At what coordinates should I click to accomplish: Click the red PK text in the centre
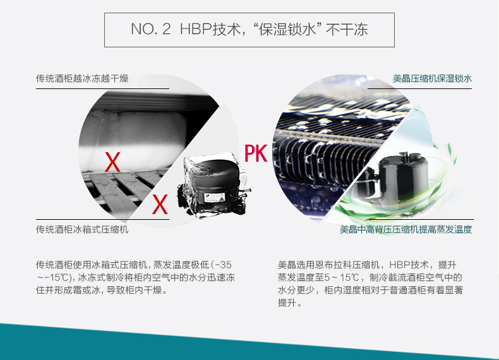[256, 153]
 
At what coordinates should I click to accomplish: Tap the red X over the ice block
[112, 162]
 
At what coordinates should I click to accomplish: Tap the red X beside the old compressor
[160, 204]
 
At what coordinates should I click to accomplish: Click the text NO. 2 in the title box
[151, 29]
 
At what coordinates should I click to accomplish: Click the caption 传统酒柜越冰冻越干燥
[82, 78]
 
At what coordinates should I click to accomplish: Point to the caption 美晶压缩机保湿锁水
[432, 78]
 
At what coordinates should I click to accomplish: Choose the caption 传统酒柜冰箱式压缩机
[82, 229]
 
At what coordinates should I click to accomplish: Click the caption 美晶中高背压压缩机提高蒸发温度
[406, 229]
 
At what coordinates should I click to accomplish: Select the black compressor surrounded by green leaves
[395, 181]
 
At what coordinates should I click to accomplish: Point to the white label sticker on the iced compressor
[215, 198]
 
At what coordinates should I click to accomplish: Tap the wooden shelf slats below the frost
[124, 188]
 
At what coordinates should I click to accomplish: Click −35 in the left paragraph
[223, 265]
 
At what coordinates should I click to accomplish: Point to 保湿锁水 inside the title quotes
[287, 29]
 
